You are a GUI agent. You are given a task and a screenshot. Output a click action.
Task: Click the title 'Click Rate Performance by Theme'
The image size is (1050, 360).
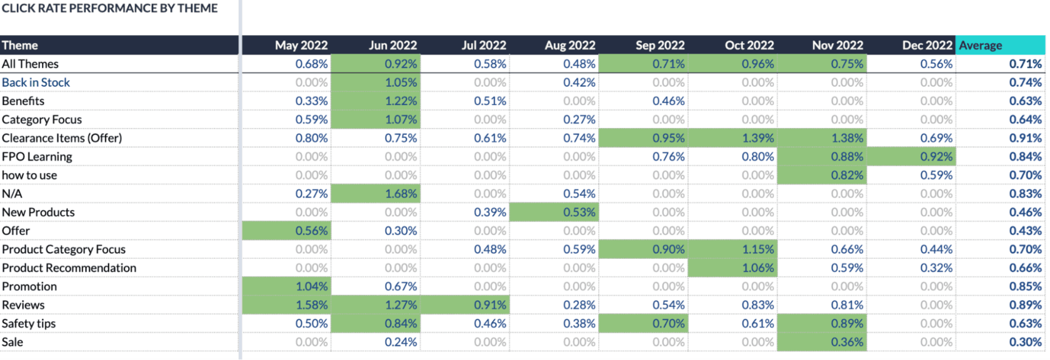pos(110,8)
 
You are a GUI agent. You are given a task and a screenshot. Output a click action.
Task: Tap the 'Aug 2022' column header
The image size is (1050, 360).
pos(569,45)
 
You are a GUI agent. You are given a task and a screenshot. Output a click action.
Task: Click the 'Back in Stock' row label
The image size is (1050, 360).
pos(36,82)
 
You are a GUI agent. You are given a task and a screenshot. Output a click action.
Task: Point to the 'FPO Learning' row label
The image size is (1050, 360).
pos(37,157)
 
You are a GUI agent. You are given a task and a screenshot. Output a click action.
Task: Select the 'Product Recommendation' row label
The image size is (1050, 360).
pos(69,268)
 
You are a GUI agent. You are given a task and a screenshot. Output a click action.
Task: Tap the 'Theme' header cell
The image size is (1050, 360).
pos(20,45)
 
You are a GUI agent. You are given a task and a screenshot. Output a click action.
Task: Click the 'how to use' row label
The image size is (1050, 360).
pos(29,176)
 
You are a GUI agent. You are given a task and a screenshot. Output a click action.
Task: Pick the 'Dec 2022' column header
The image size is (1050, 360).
pos(927,45)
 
